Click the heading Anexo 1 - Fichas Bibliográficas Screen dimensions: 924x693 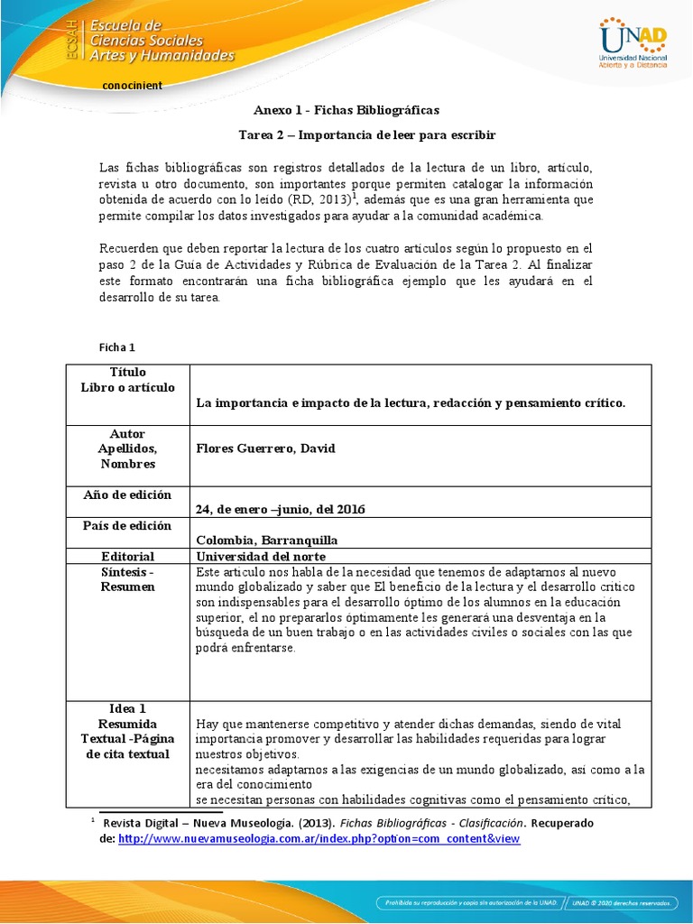tap(346, 110)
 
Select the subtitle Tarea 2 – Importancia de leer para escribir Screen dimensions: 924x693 tap(366, 135)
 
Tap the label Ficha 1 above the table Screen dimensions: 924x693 tap(116, 346)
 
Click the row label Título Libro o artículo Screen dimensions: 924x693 tap(127, 380)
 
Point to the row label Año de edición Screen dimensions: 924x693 tap(127, 494)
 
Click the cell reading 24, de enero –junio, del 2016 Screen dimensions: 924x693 tap(280, 509)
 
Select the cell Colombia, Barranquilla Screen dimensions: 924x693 tap(261, 541)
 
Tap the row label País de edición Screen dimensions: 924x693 tap(127, 526)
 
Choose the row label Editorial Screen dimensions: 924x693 tap(127, 556)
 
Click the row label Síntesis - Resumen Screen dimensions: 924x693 tap(127, 579)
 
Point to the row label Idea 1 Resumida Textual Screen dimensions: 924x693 tap(127, 731)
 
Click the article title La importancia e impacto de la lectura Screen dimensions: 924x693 tap(411, 402)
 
